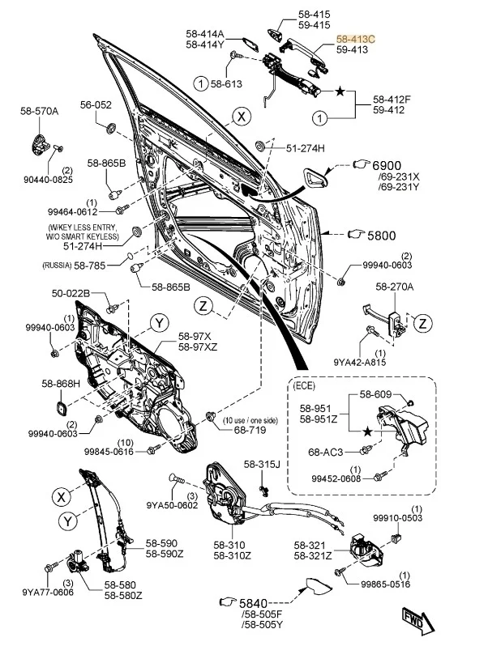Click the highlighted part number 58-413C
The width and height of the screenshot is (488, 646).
[x=355, y=38]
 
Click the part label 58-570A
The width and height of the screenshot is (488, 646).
[x=39, y=110]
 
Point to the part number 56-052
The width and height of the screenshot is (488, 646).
[x=95, y=105]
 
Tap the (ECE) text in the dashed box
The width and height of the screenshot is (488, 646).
[x=305, y=386]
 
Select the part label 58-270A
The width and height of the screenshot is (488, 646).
[x=394, y=286]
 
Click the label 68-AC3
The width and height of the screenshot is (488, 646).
[x=326, y=451]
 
